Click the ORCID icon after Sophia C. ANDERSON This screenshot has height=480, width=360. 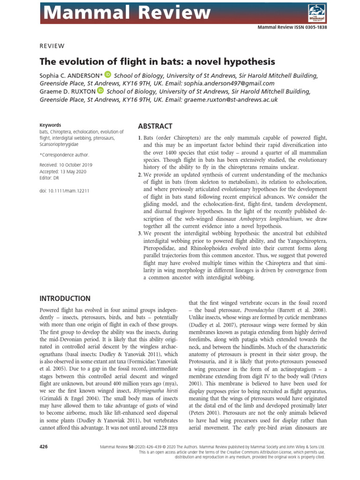click(107, 74)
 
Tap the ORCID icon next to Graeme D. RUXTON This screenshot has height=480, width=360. click(100, 91)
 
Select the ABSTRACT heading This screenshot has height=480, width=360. click(155, 127)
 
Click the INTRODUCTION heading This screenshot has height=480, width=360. click(65, 299)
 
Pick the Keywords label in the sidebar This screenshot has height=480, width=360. click(50, 125)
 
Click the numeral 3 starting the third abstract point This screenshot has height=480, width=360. click(139, 233)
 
